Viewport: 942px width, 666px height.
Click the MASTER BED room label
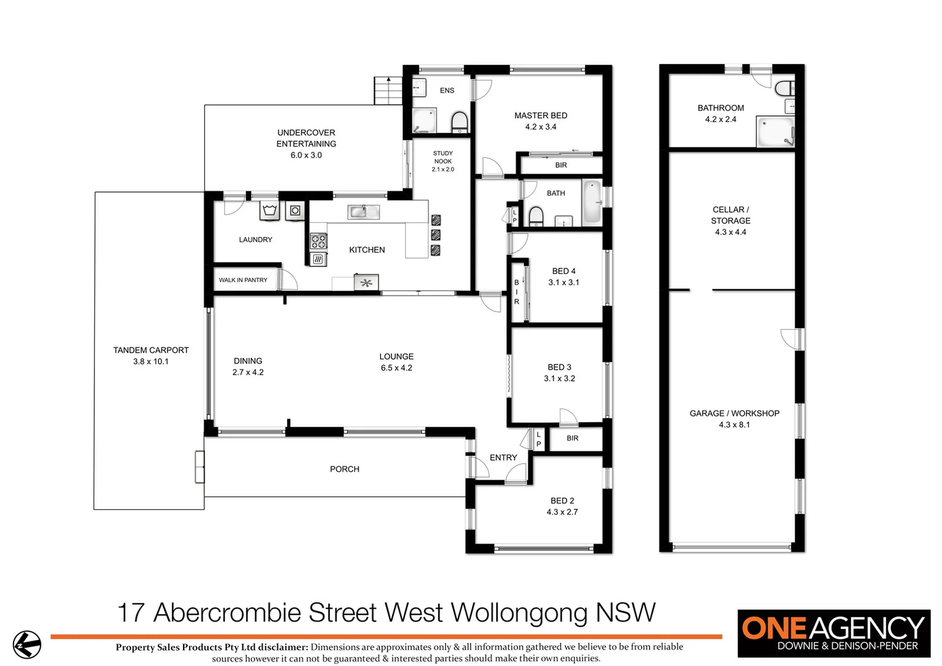point(541,115)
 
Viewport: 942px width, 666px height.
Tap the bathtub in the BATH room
point(592,202)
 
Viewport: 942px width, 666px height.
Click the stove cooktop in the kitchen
point(318,240)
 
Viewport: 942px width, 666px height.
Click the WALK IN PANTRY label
point(243,280)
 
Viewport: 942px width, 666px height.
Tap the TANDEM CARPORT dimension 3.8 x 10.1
point(150,361)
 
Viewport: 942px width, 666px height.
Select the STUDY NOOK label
point(443,157)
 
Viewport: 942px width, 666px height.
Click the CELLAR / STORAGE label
point(731,215)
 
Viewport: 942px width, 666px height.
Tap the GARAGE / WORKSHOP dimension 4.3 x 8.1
point(734,425)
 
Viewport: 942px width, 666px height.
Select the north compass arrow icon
point(27,645)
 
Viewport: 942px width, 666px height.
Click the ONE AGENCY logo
point(833,633)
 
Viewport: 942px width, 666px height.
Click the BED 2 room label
point(562,501)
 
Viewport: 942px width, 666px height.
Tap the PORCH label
point(345,469)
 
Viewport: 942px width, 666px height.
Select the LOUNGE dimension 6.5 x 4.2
point(396,368)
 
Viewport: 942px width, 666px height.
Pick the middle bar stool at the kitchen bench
point(436,234)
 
